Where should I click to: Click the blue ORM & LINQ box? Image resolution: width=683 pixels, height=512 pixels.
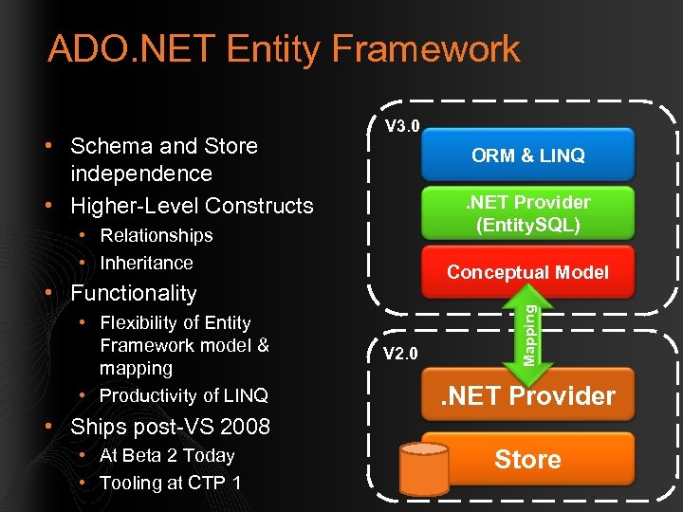pyautogui.click(x=527, y=155)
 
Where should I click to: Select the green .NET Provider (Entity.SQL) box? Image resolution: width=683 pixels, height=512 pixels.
pyautogui.click(x=527, y=213)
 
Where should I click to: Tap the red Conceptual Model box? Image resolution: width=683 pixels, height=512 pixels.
pyautogui.click(x=527, y=272)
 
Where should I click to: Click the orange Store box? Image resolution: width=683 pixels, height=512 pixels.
pyautogui.click(x=527, y=460)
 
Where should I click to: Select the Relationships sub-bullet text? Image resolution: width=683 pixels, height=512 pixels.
pyautogui.click(x=157, y=235)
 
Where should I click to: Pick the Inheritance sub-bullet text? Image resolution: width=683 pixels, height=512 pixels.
pyautogui.click(x=146, y=263)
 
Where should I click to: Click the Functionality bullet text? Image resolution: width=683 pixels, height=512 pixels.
pyautogui.click(x=134, y=293)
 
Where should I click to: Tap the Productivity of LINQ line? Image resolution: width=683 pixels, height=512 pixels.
pyautogui.click(x=183, y=395)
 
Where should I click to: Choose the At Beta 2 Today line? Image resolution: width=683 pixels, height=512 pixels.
pyautogui.click(x=167, y=455)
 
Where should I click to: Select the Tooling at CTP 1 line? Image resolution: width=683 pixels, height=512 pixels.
pyautogui.click(x=170, y=483)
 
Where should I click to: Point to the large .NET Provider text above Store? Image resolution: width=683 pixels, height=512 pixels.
pyautogui.click(x=527, y=395)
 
